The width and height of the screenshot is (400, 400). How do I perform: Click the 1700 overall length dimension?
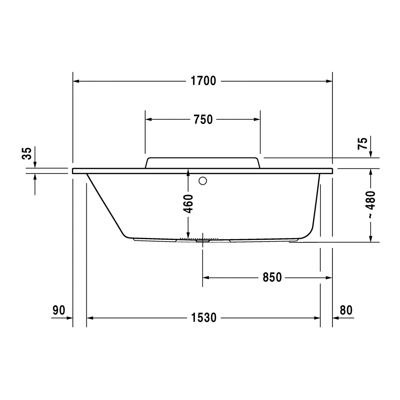point(203,81)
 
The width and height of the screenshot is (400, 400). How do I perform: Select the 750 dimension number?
point(203,119)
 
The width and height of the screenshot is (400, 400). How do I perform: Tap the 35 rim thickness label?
point(27,153)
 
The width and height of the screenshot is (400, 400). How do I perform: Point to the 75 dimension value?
point(362,143)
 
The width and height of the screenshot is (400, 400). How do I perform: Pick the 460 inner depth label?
point(188,204)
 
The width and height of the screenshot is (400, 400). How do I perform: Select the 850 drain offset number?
point(272,277)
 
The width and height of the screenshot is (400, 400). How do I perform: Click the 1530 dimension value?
point(204,318)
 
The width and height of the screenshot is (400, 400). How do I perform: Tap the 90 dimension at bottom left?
point(59,310)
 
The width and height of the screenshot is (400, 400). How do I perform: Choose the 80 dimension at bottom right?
point(346,310)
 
